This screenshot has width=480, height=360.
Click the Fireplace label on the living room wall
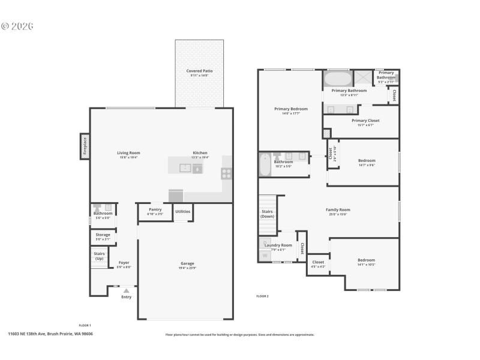85,146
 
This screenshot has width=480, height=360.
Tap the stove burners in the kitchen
227,173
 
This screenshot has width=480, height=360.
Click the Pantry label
155,209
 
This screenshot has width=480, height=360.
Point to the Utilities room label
183,211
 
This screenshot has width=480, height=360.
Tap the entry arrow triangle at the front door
126,290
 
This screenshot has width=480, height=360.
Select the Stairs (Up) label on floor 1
100,256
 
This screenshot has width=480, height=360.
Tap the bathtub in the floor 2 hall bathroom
265,164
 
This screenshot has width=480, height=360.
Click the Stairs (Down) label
268,214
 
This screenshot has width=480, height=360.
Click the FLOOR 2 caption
262,296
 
